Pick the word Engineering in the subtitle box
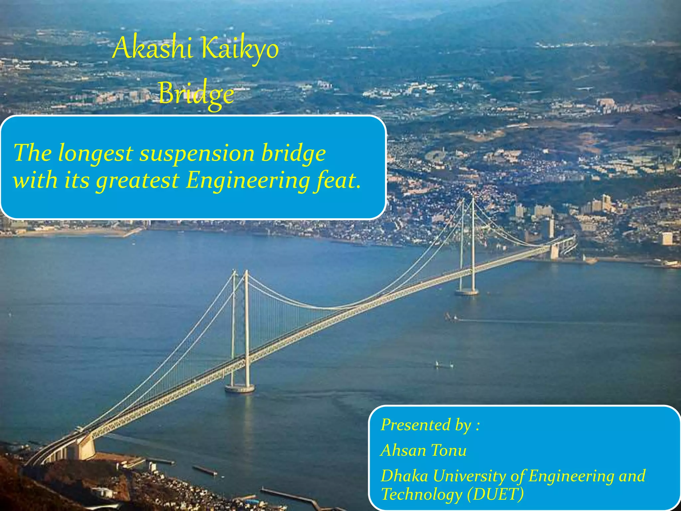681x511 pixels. [x=247, y=181]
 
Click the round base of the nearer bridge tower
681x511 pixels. [x=240, y=388]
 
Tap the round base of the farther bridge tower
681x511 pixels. [x=467, y=292]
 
